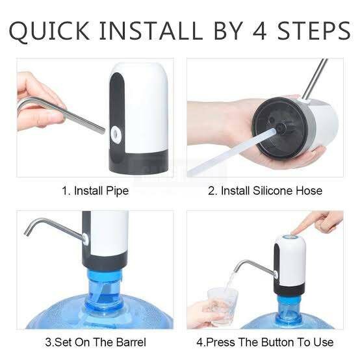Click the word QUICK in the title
(x=51, y=31)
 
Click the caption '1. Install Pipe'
(x=95, y=191)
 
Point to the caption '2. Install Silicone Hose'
(x=264, y=191)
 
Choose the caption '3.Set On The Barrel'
(x=95, y=342)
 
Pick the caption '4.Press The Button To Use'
(x=264, y=342)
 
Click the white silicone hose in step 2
(x=227, y=153)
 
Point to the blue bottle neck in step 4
(x=289, y=305)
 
